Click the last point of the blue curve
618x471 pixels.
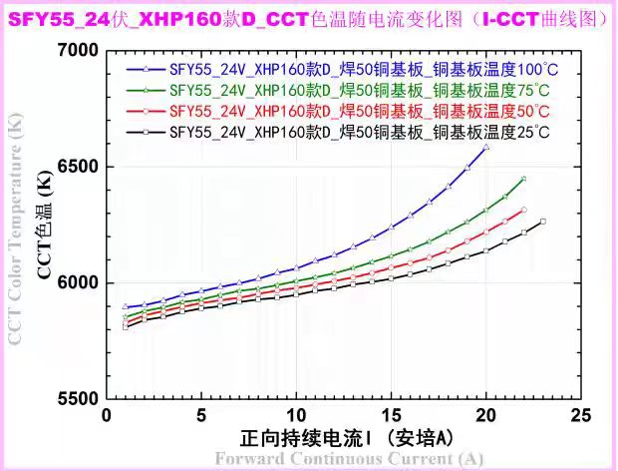point(485,148)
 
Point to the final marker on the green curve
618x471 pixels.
point(523,179)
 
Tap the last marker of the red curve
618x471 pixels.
point(523,210)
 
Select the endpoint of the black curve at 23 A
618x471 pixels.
point(542,222)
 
